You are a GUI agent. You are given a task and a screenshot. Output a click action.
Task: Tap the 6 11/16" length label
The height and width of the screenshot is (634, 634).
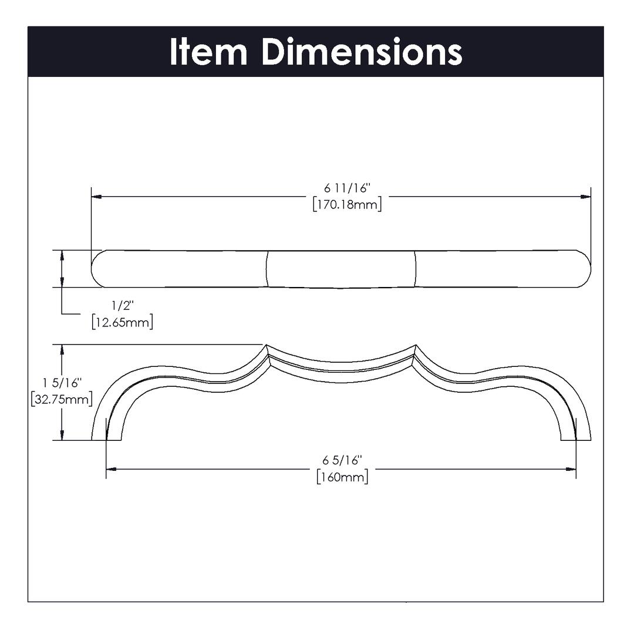[348, 188]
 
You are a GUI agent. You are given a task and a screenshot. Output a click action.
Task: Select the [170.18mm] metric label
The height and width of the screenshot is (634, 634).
[348, 205]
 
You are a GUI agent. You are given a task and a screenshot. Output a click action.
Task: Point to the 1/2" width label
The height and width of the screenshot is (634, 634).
[122, 306]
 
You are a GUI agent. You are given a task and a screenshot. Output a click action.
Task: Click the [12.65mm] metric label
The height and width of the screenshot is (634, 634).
[122, 322]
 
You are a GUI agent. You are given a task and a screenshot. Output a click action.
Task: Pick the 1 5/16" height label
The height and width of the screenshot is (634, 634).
[62, 383]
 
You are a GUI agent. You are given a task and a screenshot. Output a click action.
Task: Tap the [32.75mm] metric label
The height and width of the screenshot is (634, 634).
[62, 400]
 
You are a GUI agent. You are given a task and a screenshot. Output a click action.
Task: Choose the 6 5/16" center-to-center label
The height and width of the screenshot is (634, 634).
[342, 460]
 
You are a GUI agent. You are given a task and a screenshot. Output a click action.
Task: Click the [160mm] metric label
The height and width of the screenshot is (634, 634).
[342, 477]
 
